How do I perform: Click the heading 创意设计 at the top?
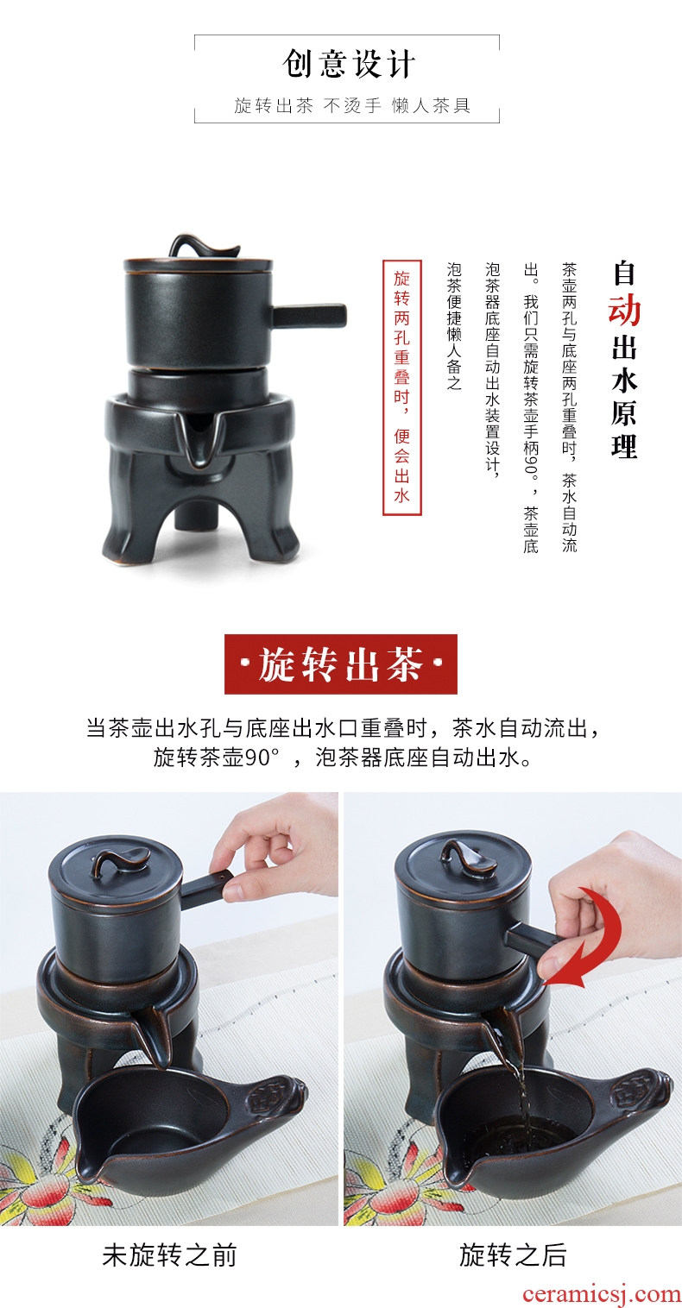(x=349, y=64)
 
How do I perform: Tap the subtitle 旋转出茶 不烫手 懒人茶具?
(x=352, y=105)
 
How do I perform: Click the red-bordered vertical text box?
(x=402, y=387)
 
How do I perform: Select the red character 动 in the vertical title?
(x=624, y=311)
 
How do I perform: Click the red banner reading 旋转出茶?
(x=341, y=664)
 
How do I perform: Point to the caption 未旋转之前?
(x=169, y=1255)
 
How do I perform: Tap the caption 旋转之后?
(x=513, y=1255)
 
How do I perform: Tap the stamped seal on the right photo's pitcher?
(x=634, y=1087)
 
